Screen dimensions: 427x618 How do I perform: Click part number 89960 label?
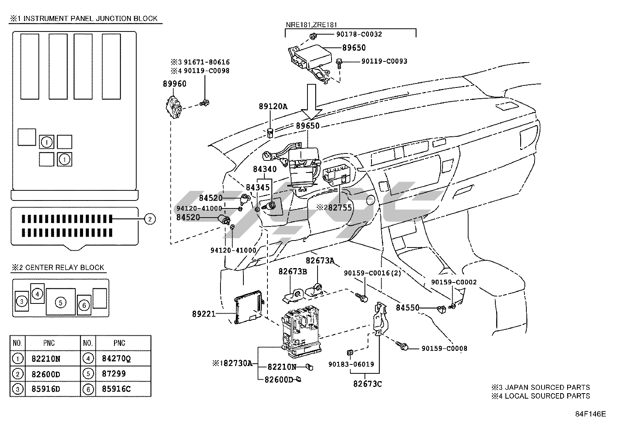pos(174,84)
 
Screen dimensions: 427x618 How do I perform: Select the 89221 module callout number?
pos(203,314)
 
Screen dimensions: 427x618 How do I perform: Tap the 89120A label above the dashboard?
pos(273,106)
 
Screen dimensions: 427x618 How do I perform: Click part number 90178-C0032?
pos(359,34)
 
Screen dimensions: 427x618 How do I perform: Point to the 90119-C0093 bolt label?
pos(384,61)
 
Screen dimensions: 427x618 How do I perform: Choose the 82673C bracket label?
pos(367,384)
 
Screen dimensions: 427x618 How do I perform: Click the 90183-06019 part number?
pos(351,364)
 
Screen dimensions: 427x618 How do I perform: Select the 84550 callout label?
pos(407,308)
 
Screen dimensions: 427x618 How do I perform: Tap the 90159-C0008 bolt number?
pos(444,349)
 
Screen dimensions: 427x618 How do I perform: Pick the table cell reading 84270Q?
pos(116,359)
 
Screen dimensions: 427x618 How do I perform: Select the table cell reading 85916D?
pos(45,389)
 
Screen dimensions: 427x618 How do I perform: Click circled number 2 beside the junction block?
pos(150,219)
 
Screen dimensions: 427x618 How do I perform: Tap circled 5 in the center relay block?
pos(61,302)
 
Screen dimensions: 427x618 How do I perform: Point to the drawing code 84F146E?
pos(590,414)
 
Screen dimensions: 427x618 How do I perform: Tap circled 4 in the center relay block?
pos(37,294)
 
